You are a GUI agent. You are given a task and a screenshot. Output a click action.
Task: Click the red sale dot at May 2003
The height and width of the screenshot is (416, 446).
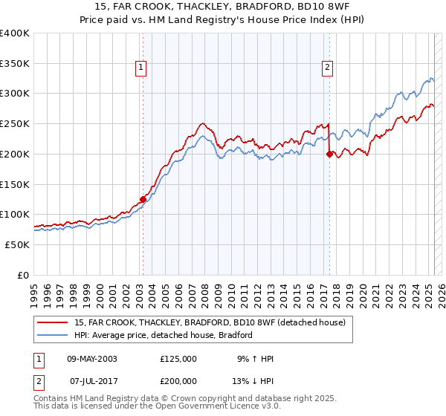tap(143, 199)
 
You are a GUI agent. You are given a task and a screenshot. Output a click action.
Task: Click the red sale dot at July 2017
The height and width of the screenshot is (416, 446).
tap(329, 155)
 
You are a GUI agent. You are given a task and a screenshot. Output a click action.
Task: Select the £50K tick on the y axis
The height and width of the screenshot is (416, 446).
tap(17, 244)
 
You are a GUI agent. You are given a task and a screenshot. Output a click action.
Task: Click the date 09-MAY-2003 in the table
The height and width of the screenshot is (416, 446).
tap(92, 359)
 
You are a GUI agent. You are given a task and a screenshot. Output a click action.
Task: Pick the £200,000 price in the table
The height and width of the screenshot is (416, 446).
tap(178, 380)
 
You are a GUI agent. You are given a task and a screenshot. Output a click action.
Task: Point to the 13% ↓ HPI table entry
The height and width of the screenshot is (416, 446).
tap(254, 380)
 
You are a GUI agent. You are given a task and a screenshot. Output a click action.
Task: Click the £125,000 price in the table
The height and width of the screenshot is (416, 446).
tap(178, 359)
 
